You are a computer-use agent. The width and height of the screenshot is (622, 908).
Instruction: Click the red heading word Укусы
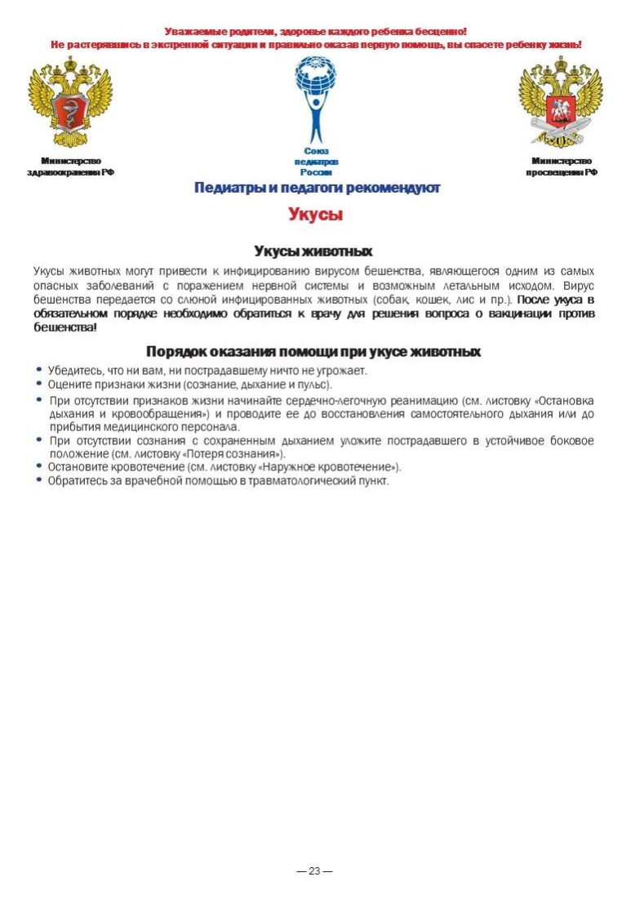tap(314, 215)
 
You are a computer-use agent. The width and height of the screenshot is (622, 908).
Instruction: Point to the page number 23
tap(314, 871)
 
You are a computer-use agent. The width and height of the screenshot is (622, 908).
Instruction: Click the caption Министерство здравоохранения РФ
tap(70, 167)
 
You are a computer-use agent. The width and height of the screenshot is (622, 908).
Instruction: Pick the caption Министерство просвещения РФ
tap(561, 167)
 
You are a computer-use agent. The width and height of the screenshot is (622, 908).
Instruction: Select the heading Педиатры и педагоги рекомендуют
tap(317, 189)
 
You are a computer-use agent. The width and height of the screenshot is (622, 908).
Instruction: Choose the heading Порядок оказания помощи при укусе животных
tap(313, 352)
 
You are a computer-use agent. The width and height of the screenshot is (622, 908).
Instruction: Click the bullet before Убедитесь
tap(39, 370)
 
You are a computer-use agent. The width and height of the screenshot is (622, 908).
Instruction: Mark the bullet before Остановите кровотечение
tap(39, 466)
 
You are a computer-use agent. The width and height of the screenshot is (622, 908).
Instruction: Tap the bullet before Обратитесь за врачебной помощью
tap(39, 480)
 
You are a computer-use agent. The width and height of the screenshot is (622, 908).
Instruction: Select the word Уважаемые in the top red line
tap(196, 31)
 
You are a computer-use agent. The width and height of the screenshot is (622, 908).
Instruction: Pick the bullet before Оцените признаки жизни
tap(39, 383)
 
